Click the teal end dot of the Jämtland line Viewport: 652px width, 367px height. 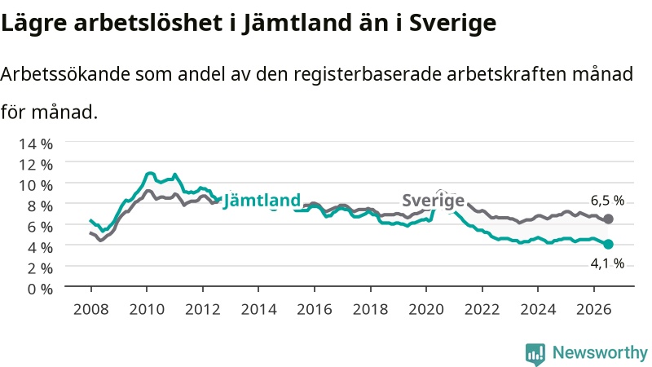coord(608,244)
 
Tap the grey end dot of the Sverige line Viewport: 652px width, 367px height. coord(608,219)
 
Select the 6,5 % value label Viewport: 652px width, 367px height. coord(607,201)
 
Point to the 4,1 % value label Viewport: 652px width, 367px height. coord(607,263)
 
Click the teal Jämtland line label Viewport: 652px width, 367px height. coord(262,201)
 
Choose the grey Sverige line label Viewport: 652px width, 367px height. coord(434,201)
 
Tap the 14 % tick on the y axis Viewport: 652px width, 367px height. coord(36,144)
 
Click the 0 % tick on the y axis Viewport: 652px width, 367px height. coord(40,289)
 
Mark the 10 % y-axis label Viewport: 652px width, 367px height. coord(36,185)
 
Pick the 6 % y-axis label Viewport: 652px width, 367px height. coord(40,227)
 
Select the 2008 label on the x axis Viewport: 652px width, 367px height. coord(91,310)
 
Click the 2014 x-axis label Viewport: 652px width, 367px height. coord(258,310)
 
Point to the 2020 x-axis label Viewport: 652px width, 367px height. coord(426,310)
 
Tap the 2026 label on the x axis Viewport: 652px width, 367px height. coord(594,310)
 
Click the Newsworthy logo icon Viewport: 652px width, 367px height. coord(535,354)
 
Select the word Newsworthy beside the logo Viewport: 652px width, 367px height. coord(600,352)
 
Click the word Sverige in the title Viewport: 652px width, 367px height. coord(452,23)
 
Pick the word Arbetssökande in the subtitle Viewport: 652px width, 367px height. coord(65,74)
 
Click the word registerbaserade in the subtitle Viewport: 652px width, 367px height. coord(368,74)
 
